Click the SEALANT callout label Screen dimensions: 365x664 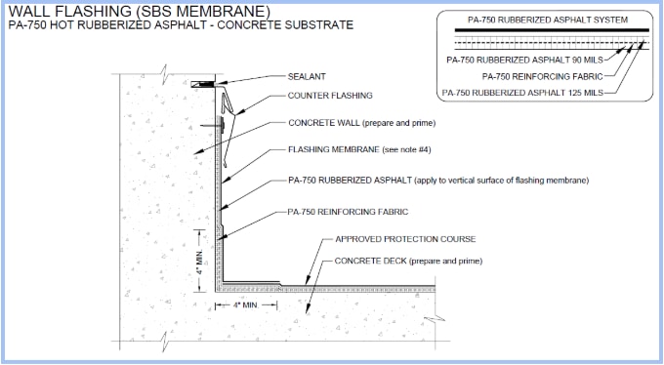coord(307,76)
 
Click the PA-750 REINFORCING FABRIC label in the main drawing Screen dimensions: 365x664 coord(348,211)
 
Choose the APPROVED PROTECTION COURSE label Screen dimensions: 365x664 coord(405,238)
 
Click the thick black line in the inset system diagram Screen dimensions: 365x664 coord(545,31)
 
